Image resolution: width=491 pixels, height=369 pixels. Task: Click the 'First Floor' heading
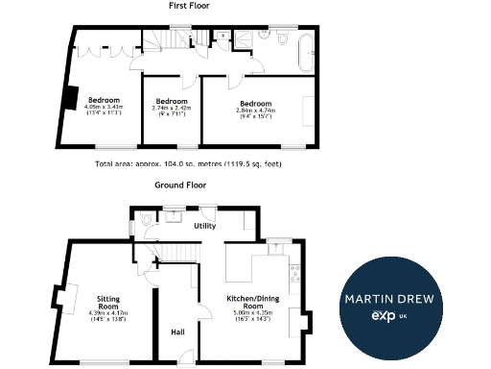point(190,6)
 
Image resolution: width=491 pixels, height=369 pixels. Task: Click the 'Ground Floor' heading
point(181,184)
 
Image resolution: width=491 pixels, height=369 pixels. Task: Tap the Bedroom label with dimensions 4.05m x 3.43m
point(104,105)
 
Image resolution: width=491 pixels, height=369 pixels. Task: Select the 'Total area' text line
point(189,164)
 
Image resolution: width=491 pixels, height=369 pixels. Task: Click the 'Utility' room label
point(204,226)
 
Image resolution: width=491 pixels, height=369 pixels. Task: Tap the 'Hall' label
point(177,332)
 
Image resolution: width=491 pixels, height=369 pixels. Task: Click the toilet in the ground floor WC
point(146,220)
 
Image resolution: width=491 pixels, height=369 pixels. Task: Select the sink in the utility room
point(174,216)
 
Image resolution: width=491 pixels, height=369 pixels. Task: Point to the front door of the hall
point(177,360)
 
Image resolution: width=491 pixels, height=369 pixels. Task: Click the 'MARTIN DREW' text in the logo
point(389,298)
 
